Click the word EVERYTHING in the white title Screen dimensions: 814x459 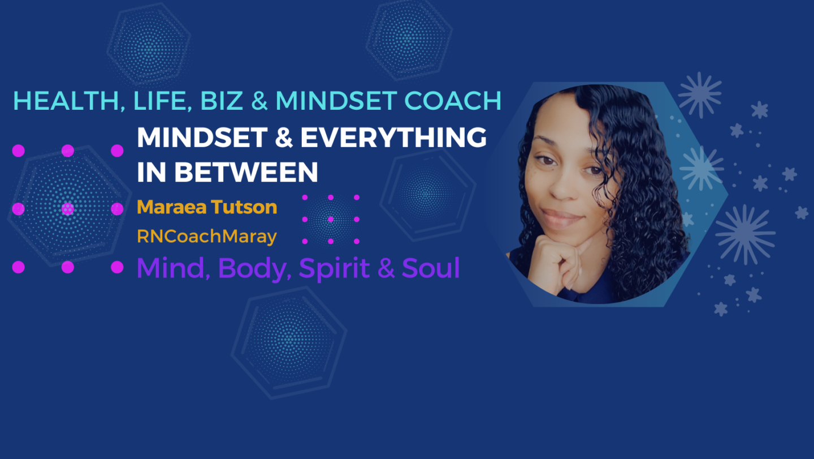click(x=393, y=138)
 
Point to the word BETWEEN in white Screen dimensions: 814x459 click(x=246, y=172)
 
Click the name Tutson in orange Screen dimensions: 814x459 click(x=244, y=207)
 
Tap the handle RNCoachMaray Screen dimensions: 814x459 click(x=207, y=237)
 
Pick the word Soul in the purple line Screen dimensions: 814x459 click(x=431, y=268)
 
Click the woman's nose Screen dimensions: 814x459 click(x=561, y=186)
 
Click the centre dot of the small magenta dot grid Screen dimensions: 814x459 click(x=331, y=220)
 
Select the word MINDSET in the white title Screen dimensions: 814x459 click(x=202, y=138)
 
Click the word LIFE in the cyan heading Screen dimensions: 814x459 click(x=163, y=101)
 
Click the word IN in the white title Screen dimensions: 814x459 click(x=151, y=172)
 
